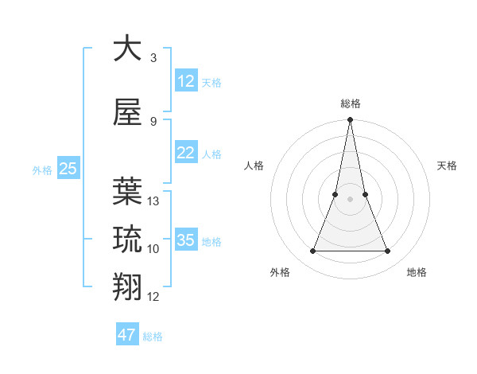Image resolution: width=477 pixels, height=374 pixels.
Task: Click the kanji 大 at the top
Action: pyautogui.click(x=127, y=49)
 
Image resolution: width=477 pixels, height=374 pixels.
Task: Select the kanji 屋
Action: pyautogui.click(x=127, y=115)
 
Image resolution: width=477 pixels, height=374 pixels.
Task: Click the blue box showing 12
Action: pyautogui.click(x=185, y=81)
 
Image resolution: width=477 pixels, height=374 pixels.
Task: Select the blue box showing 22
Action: pyautogui.click(x=185, y=153)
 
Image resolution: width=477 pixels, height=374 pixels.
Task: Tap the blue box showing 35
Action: pyautogui.click(x=185, y=240)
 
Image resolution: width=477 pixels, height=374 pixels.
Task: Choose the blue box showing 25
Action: pyautogui.click(x=68, y=168)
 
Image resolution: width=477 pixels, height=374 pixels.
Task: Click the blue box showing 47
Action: pyautogui.click(x=127, y=335)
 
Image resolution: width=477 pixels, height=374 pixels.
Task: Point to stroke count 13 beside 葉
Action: pyautogui.click(x=153, y=201)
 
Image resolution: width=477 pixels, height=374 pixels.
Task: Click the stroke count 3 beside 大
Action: pyautogui.click(x=153, y=58)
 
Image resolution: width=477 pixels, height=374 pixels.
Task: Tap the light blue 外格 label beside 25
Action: pyautogui.click(x=42, y=169)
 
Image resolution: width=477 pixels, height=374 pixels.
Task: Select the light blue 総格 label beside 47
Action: pyautogui.click(x=153, y=337)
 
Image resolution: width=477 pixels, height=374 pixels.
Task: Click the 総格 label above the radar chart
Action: pyautogui.click(x=351, y=103)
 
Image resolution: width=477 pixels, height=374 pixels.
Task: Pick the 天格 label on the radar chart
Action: pyautogui.click(x=447, y=166)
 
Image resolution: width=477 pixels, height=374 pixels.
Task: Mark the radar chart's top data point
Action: pyautogui.click(x=350, y=120)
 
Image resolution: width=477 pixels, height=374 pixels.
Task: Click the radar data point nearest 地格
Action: pyautogui.click(x=388, y=251)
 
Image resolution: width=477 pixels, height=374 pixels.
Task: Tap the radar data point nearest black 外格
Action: pyautogui.click(x=312, y=251)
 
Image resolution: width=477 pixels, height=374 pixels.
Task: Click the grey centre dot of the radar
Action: pyautogui.click(x=350, y=199)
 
